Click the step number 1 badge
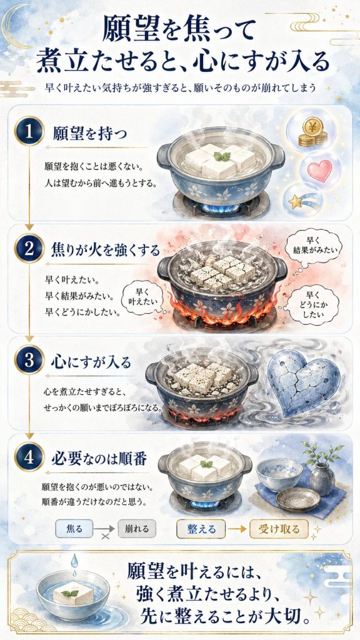(29, 131)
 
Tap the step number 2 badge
(29, 248)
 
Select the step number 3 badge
(29, 359)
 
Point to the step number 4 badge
(29, 457)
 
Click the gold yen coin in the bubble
(313, 131)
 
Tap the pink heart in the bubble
(319, 170)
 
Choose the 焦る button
(74, 529)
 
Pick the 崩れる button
(137, 529)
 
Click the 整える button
(201, 529)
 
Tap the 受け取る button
(279, 529)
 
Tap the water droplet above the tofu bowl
(74, 560)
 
